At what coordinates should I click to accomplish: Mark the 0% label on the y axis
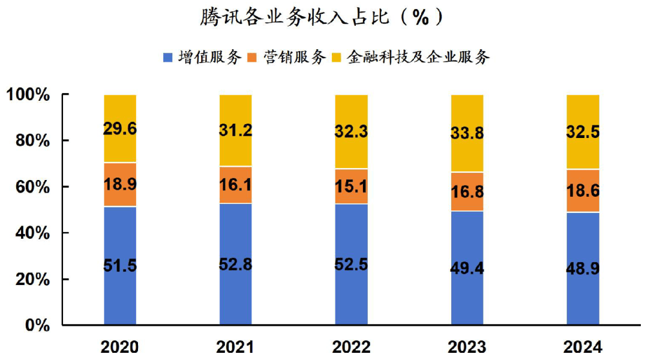tap(37, 325)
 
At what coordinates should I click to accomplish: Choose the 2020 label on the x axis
tap(120, 347)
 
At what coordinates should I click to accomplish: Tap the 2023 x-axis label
tap(467, 347)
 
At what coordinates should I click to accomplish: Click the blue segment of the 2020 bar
tap(120, 294)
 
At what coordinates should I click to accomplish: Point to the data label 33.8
tap(467, 133)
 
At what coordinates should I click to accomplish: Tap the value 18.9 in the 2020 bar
tap(120, 185)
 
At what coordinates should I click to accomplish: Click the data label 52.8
tap(236, 264)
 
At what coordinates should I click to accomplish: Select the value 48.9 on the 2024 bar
tap(583, 268)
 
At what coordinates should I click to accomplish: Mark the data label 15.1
tap(351, 187)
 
